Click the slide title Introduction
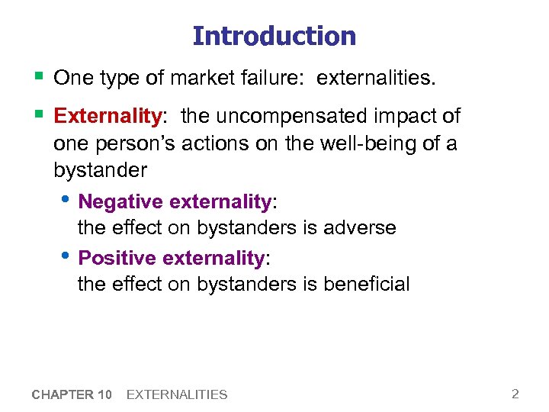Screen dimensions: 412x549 pos(274,36)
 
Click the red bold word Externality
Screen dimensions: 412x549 pos(108,116)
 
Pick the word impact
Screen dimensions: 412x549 pos(403,116)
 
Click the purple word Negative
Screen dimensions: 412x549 pos(120,201)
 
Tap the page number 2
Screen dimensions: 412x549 pos(515,394)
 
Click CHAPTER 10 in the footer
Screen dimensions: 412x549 pos(72,394)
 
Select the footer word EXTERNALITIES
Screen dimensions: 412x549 pos(177,394)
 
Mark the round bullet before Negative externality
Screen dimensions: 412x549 pos(69,200)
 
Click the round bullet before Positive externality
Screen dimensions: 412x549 pos(69,256)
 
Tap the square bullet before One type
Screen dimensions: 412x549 pos(38,76)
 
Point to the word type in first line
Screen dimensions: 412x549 pos(112,79)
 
